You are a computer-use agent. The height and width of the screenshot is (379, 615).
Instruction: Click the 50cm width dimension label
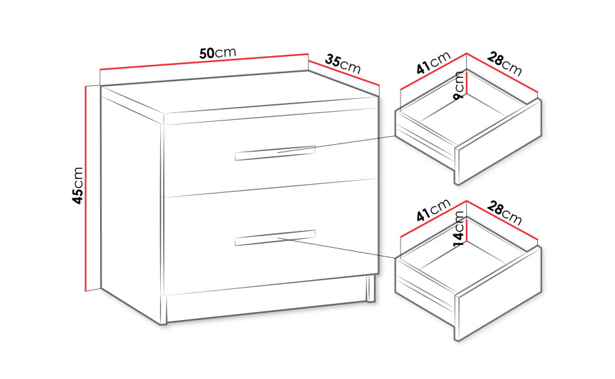click(218, 53)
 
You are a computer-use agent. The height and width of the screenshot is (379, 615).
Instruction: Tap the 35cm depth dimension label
click(343, 64)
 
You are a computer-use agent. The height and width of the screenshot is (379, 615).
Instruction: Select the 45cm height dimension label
click(78, 185)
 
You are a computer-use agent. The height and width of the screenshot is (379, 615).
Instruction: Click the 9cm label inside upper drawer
click(459, 85)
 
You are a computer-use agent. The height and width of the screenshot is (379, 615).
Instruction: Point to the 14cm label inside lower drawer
click(459, 229)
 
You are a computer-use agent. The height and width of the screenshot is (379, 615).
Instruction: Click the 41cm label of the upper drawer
click(434, 63)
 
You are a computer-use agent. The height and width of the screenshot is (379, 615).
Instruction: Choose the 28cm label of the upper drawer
click(505, 64)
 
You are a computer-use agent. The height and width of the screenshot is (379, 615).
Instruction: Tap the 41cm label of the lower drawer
click(434, 210)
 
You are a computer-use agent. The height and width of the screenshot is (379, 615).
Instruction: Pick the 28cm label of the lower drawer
click(505, 213)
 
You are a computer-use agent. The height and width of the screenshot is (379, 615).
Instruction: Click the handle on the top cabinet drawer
click(275, 153)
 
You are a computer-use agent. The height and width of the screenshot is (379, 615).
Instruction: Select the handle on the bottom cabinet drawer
click(275, 238)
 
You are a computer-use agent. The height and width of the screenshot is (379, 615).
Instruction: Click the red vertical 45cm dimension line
click(85, 189)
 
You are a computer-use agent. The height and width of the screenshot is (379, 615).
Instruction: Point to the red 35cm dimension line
click(344, 73)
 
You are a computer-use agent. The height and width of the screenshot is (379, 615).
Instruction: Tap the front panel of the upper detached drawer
click(499, 141)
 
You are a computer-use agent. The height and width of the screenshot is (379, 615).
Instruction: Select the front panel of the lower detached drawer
click(499, 293)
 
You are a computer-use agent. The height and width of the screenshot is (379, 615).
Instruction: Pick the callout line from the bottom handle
click(336, 248)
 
